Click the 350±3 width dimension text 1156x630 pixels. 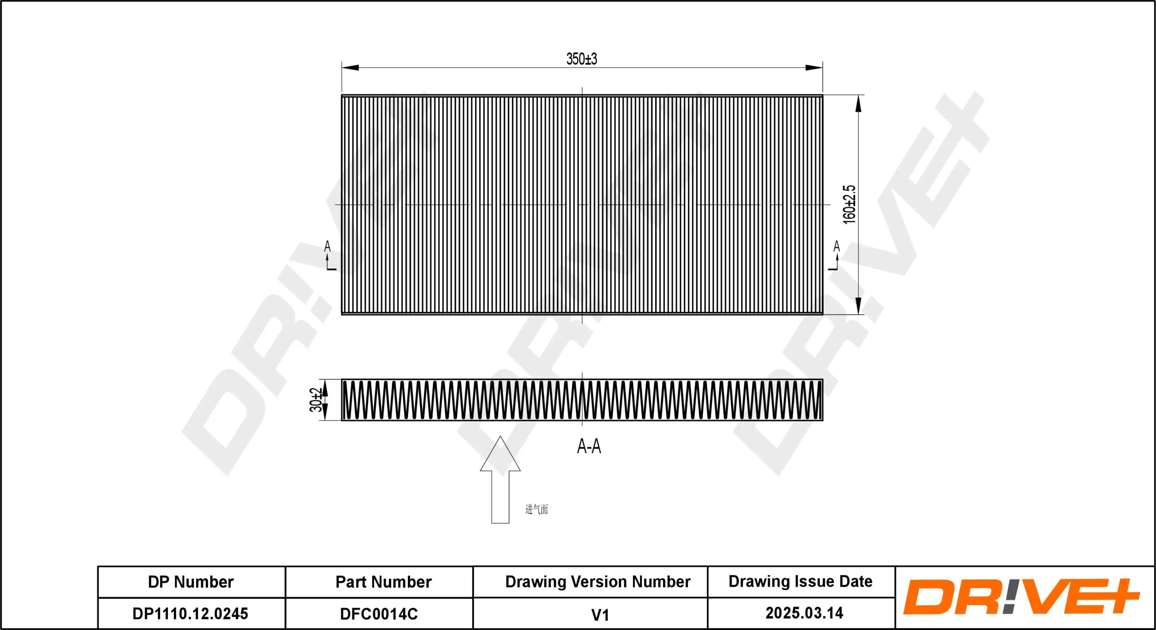click(582, 59)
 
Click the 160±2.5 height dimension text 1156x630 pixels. click(849, 204)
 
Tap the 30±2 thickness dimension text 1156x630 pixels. click(316, 400)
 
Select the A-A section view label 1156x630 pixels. click(589, 446)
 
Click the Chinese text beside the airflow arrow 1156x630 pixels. click(536, 509)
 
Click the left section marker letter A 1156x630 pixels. click(327, 247)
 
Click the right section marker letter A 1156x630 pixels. click(836, 247)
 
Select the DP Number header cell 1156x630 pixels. click(191, 582)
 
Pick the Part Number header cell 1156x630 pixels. click(383, 582)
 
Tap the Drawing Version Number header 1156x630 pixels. click(597, 581)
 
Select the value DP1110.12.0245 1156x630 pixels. click(191, 614)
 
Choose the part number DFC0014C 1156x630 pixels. click(379, 614)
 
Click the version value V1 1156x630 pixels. click(600, 615)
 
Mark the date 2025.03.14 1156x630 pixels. click(804, 613)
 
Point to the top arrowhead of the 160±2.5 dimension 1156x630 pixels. click(858, 105)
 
